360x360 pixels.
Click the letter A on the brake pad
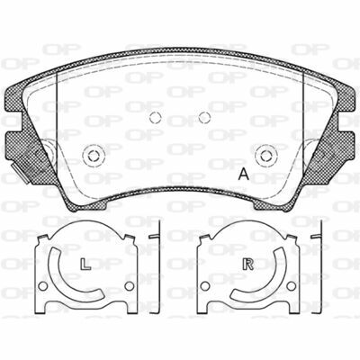tap(244, 175)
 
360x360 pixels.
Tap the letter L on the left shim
tap(85, 264)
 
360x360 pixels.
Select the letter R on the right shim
tap(248, 264)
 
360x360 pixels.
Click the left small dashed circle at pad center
tap(156, 117)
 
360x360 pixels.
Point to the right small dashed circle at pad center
tap(204, 117)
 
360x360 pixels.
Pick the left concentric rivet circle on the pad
tap(94, 156)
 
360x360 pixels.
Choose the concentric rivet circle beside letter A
tap(266, 156)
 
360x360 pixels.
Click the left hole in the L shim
tap(43, 286)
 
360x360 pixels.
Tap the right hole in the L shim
tap(130, 286)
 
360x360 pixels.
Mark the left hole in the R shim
tap(205, 286)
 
